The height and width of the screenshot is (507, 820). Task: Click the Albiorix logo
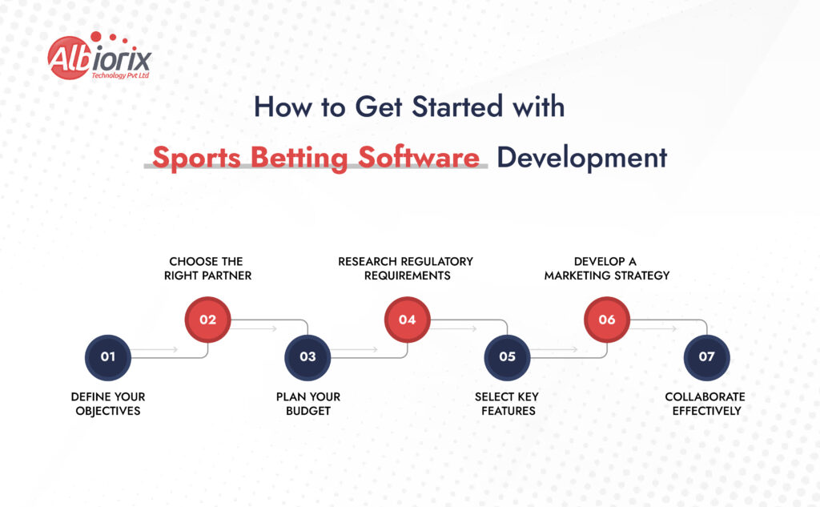[99, 56]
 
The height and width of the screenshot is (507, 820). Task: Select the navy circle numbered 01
[108, 357]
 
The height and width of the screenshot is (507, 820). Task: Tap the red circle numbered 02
[207, 320]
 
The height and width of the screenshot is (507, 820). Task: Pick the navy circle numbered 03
[307, 357]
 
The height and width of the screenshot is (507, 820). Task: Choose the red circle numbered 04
[408, 320]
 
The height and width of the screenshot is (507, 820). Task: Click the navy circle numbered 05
[507, 357]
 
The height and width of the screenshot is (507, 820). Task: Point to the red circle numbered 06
[607, 320]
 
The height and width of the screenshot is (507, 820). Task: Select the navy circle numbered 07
[706, 357]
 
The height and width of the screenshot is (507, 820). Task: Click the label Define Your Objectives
[108, 404]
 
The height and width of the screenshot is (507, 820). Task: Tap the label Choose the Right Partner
[207, 268]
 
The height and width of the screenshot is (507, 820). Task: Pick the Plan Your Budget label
[308, 404]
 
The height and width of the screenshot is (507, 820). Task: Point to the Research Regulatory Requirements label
[406, 268]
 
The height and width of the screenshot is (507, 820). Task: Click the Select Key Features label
[507, 404]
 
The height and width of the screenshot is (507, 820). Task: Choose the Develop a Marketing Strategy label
[607, 268]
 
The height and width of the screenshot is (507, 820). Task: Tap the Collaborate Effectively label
[705, 404]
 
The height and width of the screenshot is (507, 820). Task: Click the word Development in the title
[582, 158]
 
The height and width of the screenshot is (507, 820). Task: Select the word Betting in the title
[299, 159]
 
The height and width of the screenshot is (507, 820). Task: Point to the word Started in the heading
[457, 107]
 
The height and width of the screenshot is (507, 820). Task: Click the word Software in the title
[419, 158]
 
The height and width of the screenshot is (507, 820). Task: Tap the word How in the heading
[283, 107]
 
